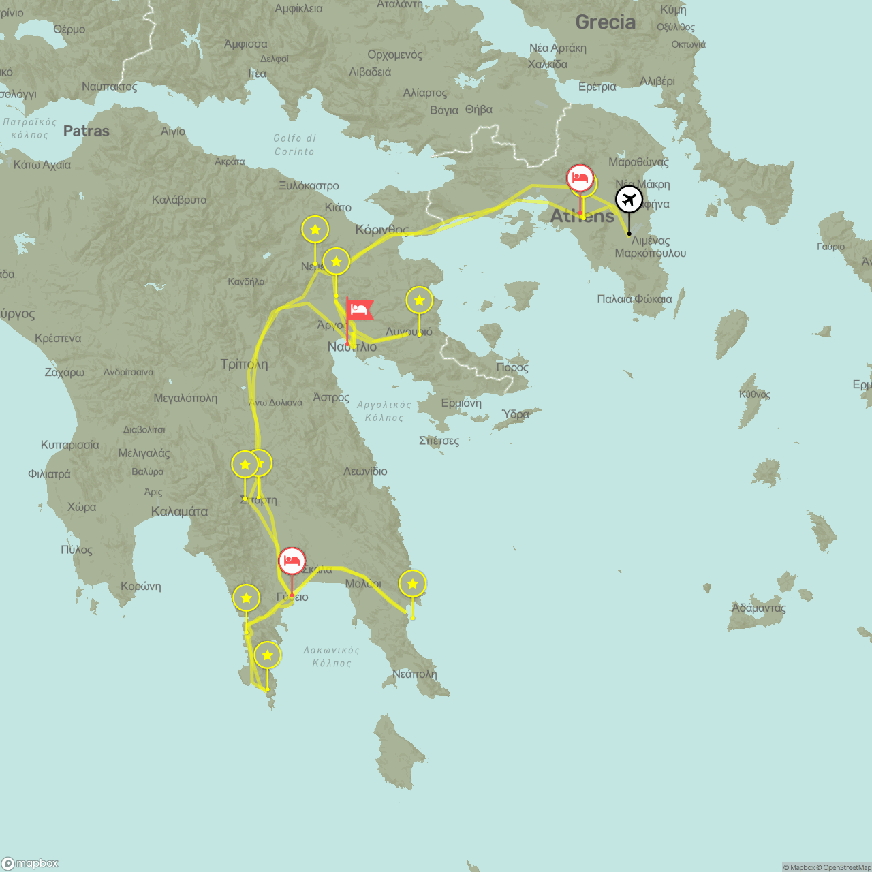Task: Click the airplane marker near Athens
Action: coord(629,200)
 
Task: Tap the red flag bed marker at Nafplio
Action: coord(359,309)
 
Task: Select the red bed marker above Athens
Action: coord(580,178)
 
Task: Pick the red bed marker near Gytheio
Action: coord(292,561)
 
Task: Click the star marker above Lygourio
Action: coord(419,300)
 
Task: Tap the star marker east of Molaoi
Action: coord(412,584)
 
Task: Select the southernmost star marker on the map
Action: coord(267,655)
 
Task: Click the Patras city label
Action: coord(87,131)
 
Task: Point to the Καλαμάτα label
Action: coord(179,512)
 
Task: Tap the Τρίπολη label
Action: coord(244,364)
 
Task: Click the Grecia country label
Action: coord(605,22)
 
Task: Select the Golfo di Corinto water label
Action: coord(294,144)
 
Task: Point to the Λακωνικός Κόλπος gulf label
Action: coord(332,657)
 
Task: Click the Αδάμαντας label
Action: coord(758,608)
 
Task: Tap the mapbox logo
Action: coord(30,863)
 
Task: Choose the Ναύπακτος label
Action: coord(109,87)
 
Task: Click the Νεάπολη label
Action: coord(414,674)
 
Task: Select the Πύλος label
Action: coord(76,550)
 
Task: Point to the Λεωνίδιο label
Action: coord(365,471)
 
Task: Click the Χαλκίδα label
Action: coord(547,64)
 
